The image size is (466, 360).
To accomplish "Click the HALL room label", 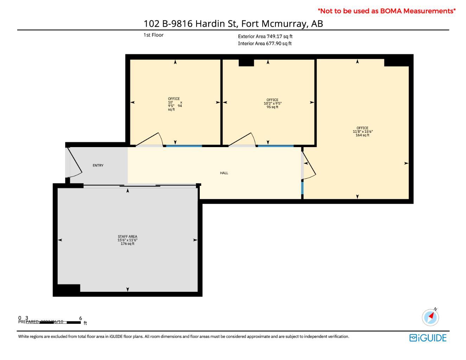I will click(x=224, y=173).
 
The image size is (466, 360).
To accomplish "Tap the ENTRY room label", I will click(x=98, y=165).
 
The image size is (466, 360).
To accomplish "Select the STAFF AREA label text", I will click(x=127, y=240).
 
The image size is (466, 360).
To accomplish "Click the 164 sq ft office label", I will click(x=362, y=132).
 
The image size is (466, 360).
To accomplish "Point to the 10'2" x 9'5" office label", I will click(x=273, y=103).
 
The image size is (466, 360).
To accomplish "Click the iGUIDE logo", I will click(x=428, y=338).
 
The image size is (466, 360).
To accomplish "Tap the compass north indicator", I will click(x=430, y=317).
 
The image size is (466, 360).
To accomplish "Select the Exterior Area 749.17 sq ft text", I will click(x=265, y=36).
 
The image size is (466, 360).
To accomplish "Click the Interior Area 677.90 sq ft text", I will click(x=264, y=44).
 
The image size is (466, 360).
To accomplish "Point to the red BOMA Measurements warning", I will click(x=387, y=11).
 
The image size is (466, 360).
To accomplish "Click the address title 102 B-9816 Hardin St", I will click(x=233, y=24).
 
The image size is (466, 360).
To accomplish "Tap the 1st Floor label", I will click(x=153, y=35).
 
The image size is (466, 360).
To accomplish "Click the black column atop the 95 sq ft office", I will click(x=246, y=63).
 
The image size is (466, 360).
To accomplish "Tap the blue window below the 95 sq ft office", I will click(x=275, y=146).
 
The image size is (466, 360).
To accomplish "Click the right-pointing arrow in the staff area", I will click(x=195, y=240).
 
